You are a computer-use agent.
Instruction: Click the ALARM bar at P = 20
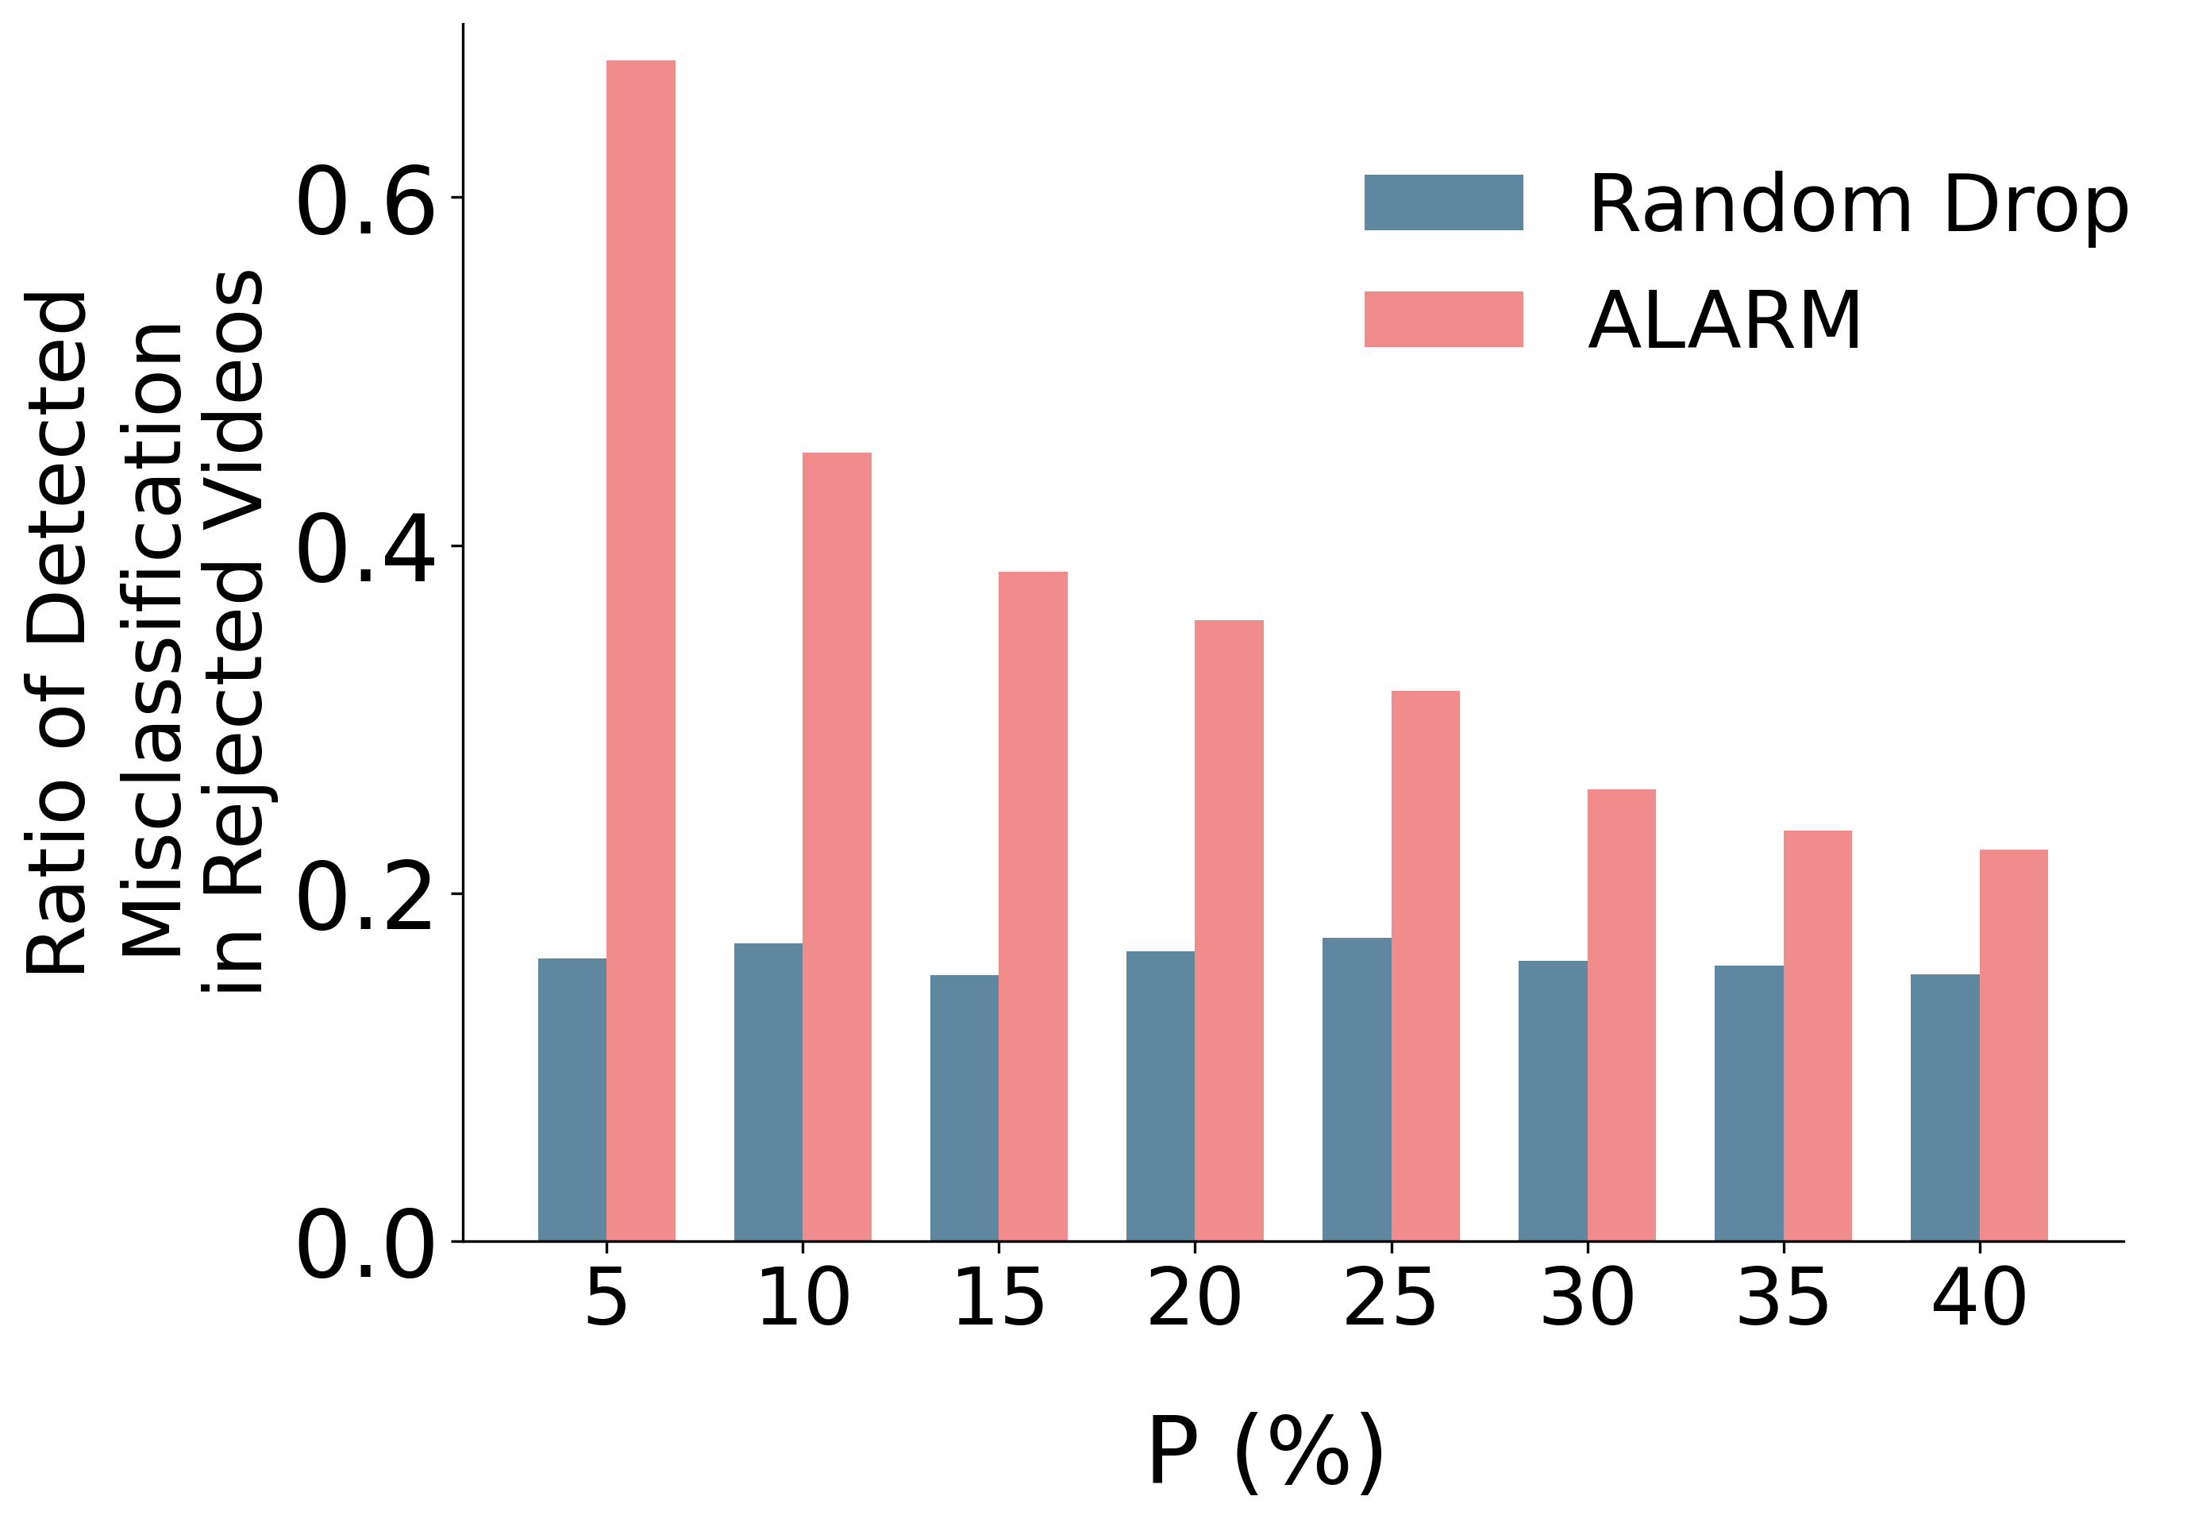tap(1229, 931)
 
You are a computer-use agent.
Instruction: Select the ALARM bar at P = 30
tap(1621, 1016)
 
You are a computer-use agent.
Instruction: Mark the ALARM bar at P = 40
tap(2014, 1045)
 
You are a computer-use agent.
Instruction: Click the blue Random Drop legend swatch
tap(1443, 203)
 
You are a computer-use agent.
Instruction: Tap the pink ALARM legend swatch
tap(1443, 319)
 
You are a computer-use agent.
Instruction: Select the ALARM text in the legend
tap(1724, 321)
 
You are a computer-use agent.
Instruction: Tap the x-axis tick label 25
tap(1390, 1298)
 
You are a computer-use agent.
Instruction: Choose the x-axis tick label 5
tap(606, 1298)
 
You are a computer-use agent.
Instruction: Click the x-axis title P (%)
tap(1266, 1452)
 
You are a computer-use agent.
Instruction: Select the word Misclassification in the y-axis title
tap(152, 638)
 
